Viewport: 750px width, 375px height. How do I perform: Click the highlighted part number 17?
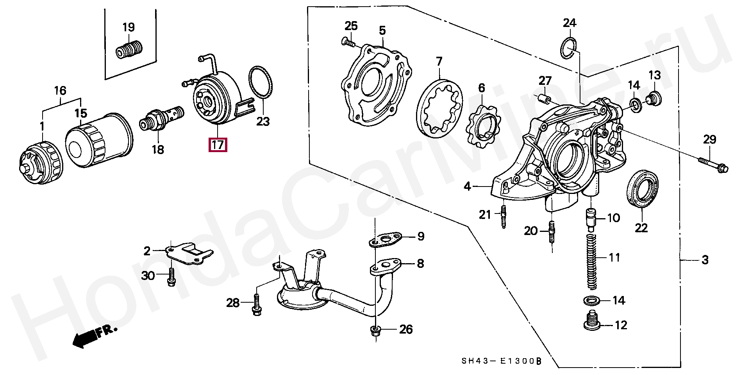(218, 145)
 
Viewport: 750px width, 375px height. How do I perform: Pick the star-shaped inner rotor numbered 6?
(484, 126)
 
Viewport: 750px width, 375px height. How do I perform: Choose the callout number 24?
(569, 23)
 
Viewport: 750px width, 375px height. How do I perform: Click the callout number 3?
(705, 260)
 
